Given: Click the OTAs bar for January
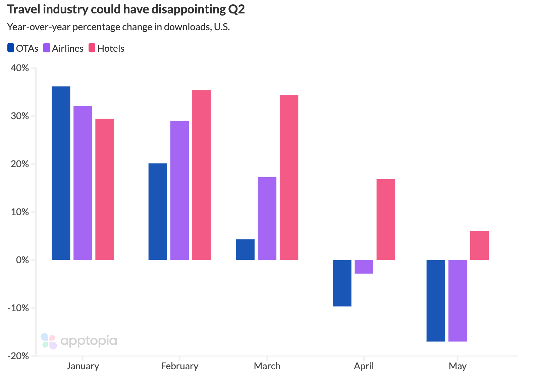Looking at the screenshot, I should (61, 173).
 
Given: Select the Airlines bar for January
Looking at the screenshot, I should (83, 183).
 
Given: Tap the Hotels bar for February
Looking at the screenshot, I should (201, 175).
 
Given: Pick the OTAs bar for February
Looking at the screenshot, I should (158, 211).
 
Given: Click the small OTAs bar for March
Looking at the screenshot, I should (245, 250).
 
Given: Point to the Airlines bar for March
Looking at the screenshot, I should (267, 218).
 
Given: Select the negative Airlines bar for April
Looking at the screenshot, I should (364, 267).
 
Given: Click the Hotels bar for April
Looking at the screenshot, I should (386, 220).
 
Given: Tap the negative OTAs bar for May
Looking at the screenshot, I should (435, 300).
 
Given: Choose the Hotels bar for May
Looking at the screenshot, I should (479, 245).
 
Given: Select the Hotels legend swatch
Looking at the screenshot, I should (92, 48).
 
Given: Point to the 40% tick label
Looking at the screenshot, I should (20, 68).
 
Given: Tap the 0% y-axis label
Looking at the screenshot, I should (22, 260).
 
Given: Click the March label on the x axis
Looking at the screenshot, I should (267, 366).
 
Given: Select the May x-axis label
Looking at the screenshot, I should (458, 366).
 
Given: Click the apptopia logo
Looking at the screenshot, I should (79, 341).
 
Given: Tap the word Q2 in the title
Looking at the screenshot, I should (236, 9).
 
